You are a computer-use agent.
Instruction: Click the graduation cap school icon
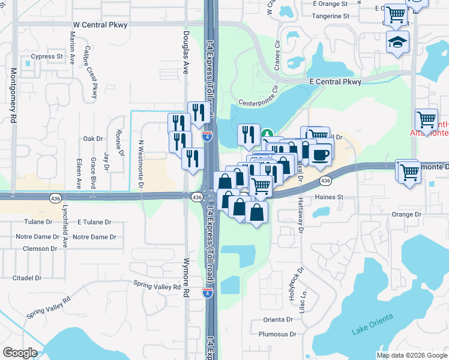coord(397,43)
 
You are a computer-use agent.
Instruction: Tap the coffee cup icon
coord(321,154)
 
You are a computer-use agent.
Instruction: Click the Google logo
coord(20,353)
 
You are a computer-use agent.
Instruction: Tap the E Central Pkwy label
coord(336,82)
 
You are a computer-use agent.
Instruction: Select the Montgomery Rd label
coord(14,95)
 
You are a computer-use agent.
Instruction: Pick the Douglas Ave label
coord(186,52)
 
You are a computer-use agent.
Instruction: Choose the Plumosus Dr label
coord(277,334)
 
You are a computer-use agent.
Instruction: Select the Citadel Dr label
coord(27,278)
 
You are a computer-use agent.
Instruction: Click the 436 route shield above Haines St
coord(325,181)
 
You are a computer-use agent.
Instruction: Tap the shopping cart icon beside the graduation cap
coord(396,14)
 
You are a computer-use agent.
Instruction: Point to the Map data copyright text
coord(412,355)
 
